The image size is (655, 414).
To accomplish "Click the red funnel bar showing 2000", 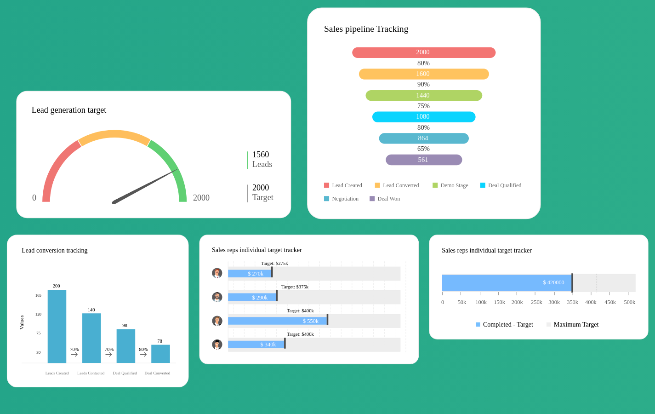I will coord(423,52).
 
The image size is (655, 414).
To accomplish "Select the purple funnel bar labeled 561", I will coord(423,160).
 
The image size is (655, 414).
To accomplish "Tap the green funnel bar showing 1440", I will coord(423,95).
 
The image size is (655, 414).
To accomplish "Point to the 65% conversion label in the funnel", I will coord(423,149).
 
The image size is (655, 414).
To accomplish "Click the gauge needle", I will coord(145,186).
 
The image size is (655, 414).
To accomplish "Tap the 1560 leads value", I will coord(261,155).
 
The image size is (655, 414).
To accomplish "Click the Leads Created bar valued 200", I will coord(57,326).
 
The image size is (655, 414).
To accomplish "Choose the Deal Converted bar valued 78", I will coord(160,354).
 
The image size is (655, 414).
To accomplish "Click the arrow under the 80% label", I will coord(143,355).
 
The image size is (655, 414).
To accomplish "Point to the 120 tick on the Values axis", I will coord(38,314).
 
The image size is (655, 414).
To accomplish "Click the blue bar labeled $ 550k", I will coord(278,321).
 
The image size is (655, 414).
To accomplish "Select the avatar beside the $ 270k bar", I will coord(217,273).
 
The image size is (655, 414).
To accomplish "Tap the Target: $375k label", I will coord(295,287).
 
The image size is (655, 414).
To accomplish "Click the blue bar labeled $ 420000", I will coord(507,283).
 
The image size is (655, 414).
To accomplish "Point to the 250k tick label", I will coord(536,302).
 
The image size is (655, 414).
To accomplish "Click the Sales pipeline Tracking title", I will coord(366,29).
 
